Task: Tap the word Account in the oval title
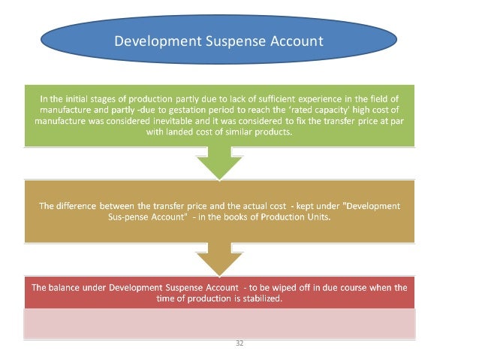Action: [x=294, y=40]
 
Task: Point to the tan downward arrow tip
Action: [x=218, y=271]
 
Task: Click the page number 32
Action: [x=239, y=343]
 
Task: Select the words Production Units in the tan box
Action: [x=300, y=216]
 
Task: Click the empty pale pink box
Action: [x=218, y=323]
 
